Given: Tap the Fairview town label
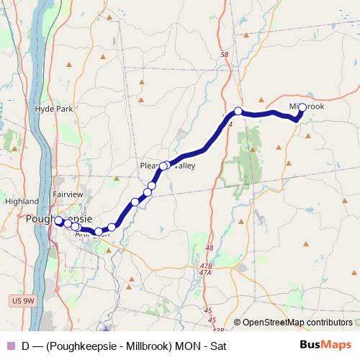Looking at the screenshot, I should click(68, 194).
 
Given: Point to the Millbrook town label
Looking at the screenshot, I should click(307, 107).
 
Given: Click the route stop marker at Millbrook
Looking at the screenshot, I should click(302, 107).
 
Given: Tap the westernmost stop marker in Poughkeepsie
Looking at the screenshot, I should click(58, 221).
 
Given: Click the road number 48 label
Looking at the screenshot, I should click(210, 248).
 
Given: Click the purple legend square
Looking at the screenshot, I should click(9, 346).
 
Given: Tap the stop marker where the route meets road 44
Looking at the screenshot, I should click(238, 112).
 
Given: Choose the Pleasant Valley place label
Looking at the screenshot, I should click(167, 166).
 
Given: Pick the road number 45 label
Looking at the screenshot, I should click(209, 310).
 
